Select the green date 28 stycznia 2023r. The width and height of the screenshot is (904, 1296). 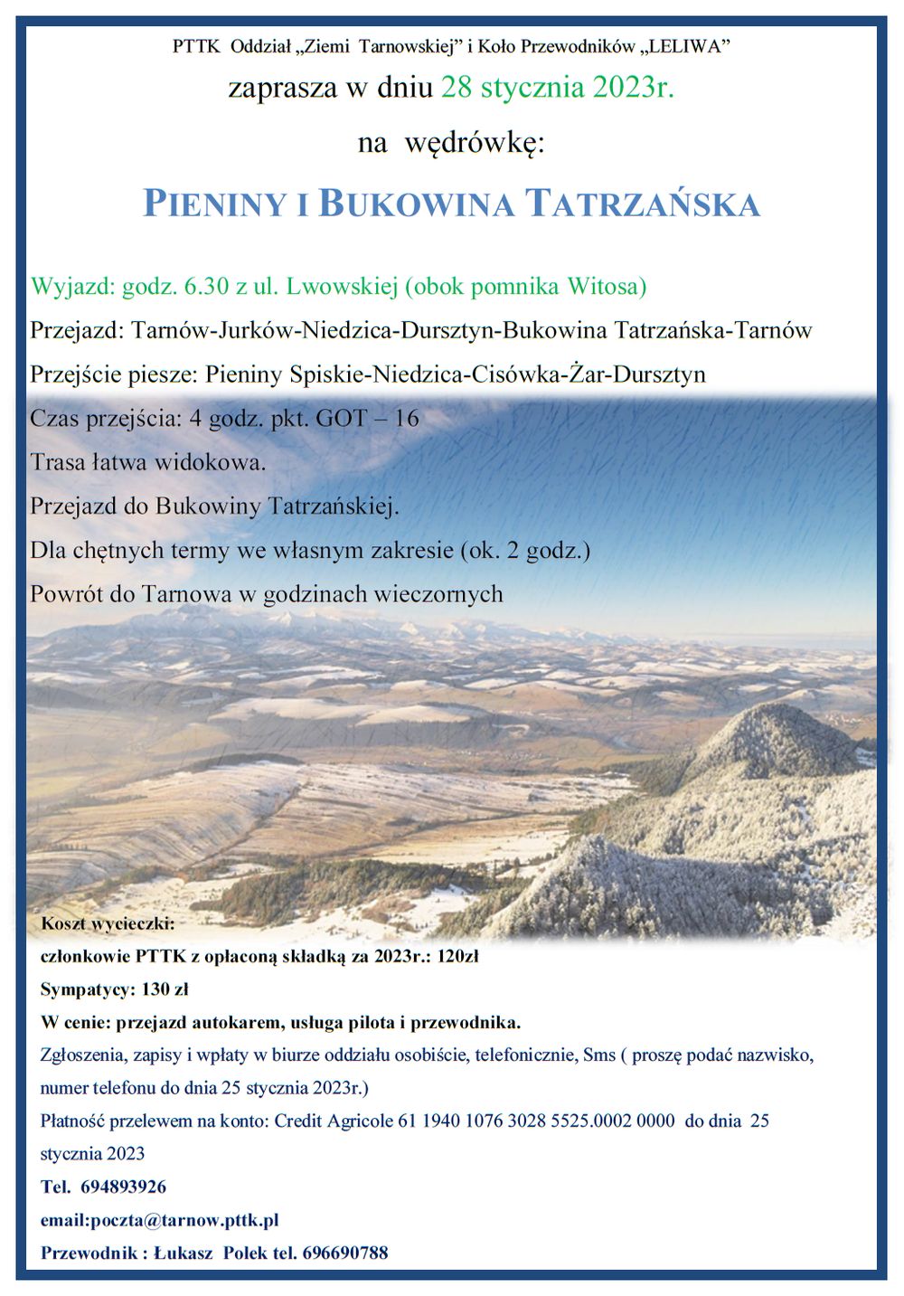click(x=558, y=89)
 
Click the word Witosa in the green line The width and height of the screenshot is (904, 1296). click(x=606, y=288)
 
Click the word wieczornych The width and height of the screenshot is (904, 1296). click(x=438, y=593)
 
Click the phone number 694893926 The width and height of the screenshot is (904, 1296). click(x=123, y=1187)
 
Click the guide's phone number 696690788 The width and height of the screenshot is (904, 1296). click(x=345, y=1253)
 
